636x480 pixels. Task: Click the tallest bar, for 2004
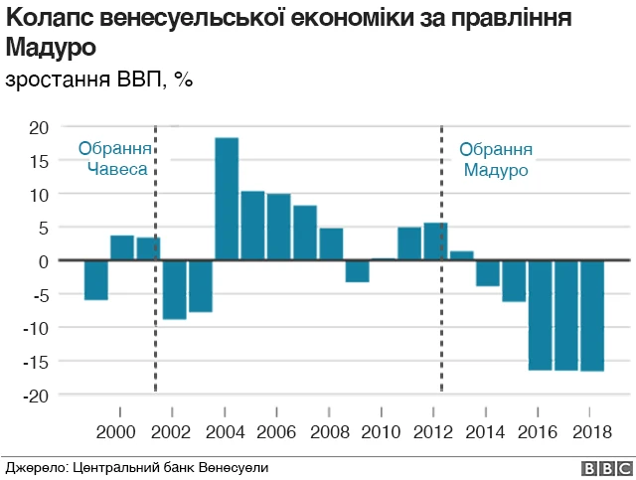[227, 199]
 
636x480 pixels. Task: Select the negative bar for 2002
[175, 289]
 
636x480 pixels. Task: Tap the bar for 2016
[541, 315]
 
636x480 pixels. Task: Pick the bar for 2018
[592, 315]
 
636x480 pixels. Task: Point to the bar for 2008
[331, 244]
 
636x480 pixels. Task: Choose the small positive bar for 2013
[461, 255]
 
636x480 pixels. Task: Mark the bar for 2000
[122, 247]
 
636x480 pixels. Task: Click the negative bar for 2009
[358, 270]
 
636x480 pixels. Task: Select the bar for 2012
[435, 241]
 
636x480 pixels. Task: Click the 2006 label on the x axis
[276, 432]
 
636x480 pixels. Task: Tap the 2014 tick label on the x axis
[485, 432]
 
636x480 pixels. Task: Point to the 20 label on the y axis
[39, 127]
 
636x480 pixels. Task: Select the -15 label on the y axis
[36, 362]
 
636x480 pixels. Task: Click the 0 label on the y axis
[44, 261]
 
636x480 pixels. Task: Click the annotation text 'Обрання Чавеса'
[115, 159]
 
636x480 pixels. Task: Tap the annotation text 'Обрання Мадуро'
[496, 159]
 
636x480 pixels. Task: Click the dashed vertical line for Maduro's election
[442, 318]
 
